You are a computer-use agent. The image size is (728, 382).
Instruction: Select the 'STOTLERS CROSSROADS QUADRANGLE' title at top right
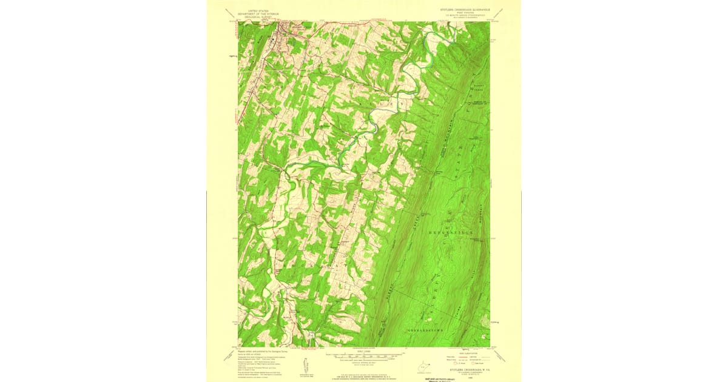click(x=465, y=10)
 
